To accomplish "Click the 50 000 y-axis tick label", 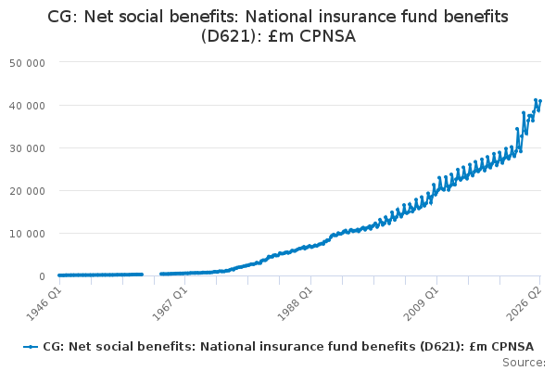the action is tap(27, 63).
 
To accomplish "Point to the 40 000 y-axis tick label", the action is tap(27, 106).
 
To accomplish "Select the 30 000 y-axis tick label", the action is tap(27, 148).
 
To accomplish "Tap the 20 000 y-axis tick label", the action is tap(27, 191).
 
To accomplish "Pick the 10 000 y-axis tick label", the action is tap(27, 234).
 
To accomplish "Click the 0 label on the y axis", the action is tap(43, 276).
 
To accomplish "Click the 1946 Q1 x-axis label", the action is tap(44, 303).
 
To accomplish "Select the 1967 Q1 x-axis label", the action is tap(170, 303).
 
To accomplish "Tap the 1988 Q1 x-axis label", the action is tap(295, 303).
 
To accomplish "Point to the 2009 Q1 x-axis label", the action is tap(422, 303).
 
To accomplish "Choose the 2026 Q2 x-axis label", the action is tap(524, 303).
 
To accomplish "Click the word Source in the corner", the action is tap(524, 363).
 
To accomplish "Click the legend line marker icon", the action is tap(31, 347).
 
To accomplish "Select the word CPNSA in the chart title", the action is tap(327, 36).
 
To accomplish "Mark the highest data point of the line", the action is tap(536, 100).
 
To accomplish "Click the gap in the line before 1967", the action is tap(151, 275).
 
